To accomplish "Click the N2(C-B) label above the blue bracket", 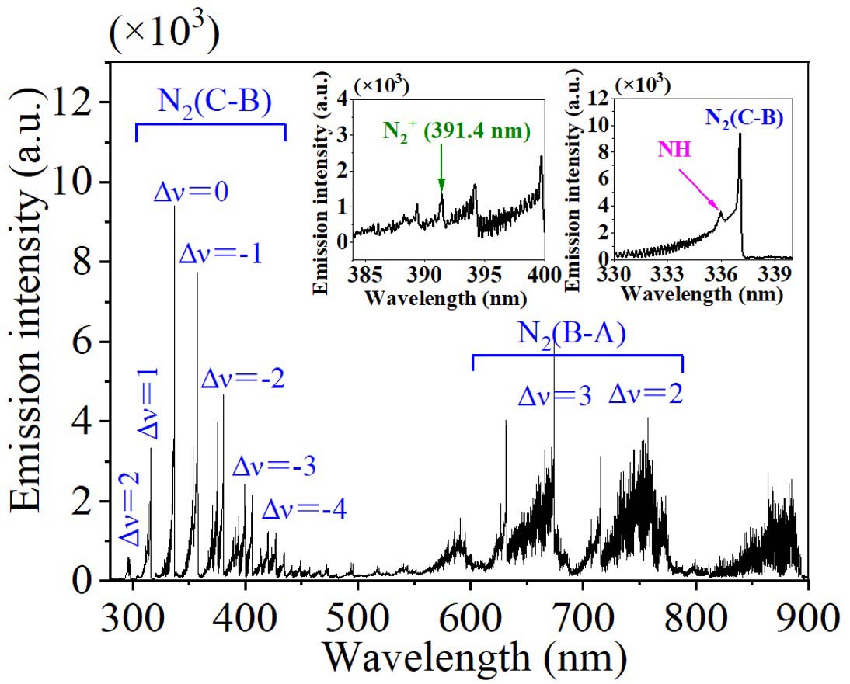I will tap(210, 104).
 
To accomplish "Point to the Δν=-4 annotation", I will tap(304, 510).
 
